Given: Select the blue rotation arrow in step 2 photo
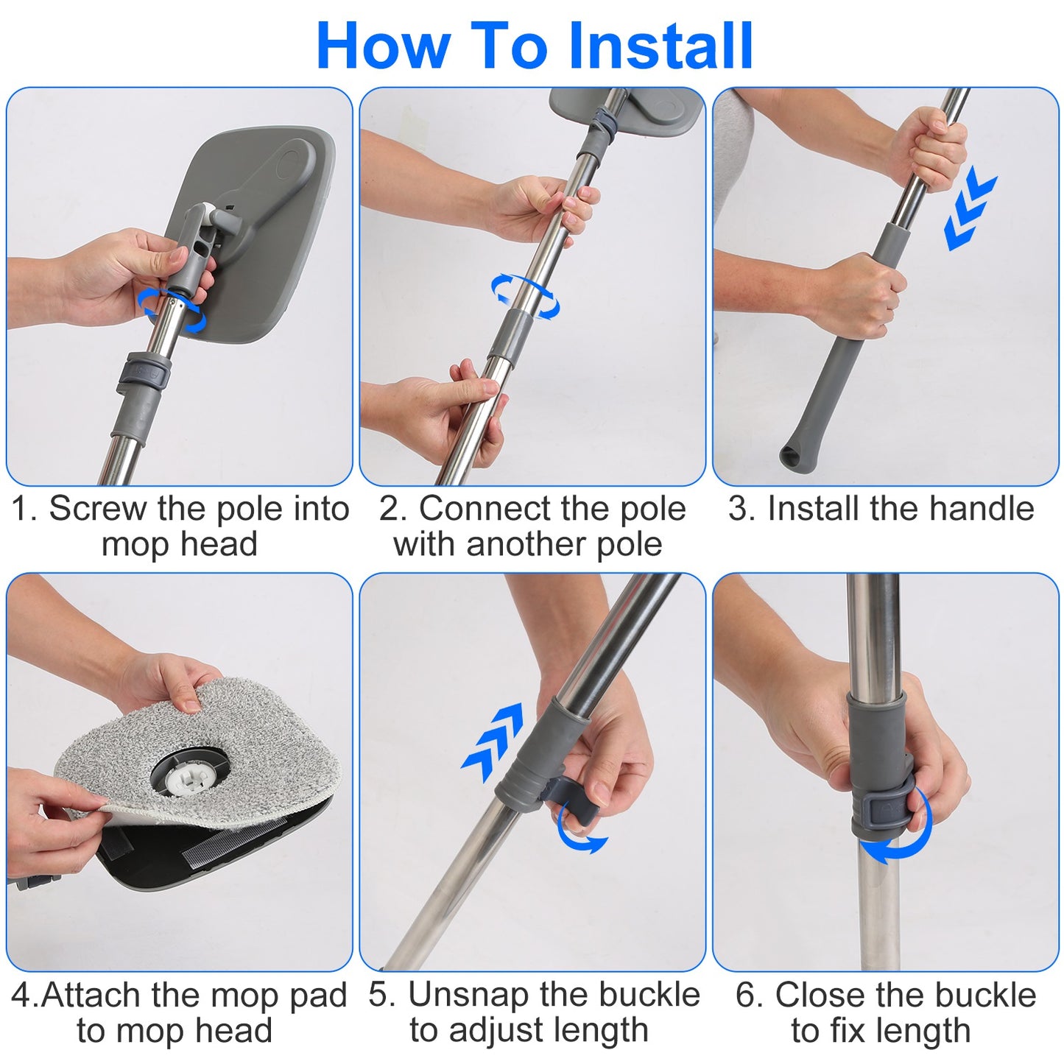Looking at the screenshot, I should [x=525, y=296].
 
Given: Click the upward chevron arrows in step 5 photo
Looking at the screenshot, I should [x=494, y=741].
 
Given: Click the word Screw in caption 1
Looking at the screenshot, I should [x=98, y=509].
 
